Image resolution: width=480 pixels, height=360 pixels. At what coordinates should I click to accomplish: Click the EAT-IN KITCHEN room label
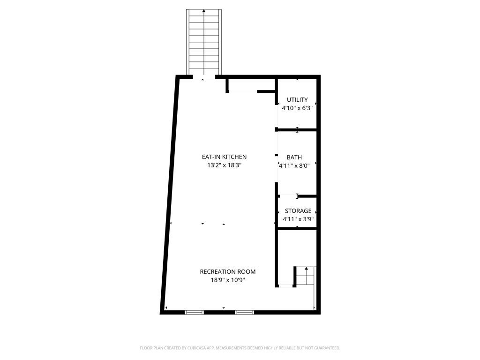pos(224,157)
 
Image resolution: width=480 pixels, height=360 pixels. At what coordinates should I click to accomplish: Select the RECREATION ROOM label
pos(228,271)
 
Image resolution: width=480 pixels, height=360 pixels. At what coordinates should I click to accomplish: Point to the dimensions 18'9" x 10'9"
pos(228,280)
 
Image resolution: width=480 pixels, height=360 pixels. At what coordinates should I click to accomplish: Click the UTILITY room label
pos(297,100)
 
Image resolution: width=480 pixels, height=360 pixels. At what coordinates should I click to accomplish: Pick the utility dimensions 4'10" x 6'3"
pos(297,108)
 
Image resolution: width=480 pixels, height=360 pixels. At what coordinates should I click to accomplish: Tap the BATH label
pos(294,157)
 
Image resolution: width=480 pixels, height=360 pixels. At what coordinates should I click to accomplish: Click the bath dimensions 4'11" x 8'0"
pos(294,166)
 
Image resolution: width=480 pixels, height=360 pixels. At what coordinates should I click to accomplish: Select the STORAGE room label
pos(298,211)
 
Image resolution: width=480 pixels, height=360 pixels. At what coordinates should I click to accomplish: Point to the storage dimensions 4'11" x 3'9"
pos(298,219)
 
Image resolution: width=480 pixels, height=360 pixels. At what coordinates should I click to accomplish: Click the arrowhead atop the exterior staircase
pos(204,11)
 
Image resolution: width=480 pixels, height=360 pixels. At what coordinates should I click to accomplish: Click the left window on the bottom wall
pos(194,312)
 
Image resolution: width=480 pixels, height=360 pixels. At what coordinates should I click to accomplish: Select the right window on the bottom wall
pos(244,312)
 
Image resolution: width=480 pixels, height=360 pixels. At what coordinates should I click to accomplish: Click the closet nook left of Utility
pos(251,85)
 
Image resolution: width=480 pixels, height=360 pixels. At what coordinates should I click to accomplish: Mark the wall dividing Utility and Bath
pos(296,130)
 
